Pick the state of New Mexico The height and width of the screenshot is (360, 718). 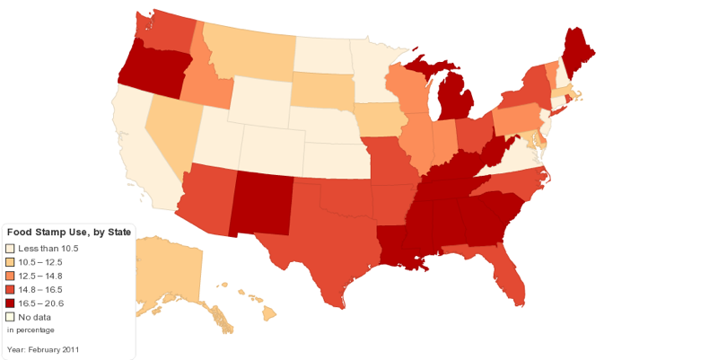260,202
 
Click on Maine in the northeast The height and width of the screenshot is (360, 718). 574,49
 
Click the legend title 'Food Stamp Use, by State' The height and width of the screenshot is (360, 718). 69,233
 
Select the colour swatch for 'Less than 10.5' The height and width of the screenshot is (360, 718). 10,249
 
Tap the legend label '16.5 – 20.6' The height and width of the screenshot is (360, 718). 40,303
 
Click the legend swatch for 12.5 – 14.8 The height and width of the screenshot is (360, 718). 10,276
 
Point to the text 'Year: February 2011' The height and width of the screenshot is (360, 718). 43,349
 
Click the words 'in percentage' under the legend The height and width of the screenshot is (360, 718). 31,329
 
